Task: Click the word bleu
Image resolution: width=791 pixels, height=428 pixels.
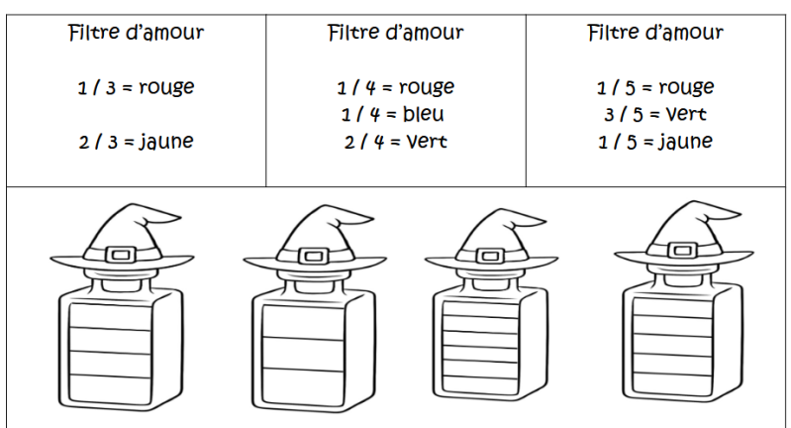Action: pos(424,114)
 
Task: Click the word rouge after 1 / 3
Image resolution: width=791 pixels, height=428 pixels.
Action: pos(166,87)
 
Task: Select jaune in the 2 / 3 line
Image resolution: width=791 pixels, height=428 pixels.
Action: pos(166,142)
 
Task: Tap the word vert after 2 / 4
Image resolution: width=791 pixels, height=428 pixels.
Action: pos(427,142)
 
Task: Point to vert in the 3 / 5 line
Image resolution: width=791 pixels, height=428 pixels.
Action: pos(686,114)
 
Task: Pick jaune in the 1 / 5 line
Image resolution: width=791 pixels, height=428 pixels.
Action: pos(686,142)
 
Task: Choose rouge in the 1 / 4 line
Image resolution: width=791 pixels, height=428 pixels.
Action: pos(427,87)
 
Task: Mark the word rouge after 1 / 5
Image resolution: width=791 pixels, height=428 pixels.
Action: pos(687,87)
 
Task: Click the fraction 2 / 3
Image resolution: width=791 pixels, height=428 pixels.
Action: pos(98,142)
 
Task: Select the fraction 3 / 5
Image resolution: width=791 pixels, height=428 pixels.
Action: pos(624,115)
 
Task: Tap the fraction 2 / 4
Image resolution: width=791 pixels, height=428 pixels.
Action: pos(362,142)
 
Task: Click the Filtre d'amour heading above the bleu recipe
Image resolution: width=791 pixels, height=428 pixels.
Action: pos(396,33)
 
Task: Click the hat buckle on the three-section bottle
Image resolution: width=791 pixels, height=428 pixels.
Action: pos(313,256)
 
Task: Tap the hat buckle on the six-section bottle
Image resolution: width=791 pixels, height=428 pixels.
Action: pos(489,256)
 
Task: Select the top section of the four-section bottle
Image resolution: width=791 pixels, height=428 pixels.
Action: pos(110,316)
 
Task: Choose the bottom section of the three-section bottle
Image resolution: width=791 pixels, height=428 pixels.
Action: pos(303,383)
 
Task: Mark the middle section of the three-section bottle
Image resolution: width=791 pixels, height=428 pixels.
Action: pos(303,354)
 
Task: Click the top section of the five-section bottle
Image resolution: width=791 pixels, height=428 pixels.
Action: pos(672,307)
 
